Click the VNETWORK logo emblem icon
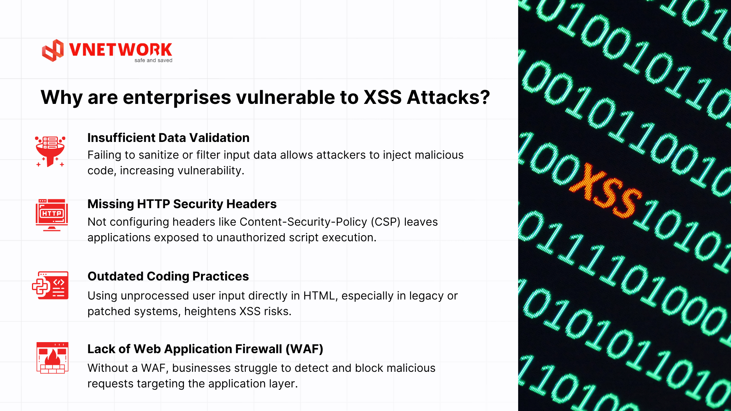point(53,50)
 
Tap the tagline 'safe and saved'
point(153,61)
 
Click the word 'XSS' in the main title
point(383,97)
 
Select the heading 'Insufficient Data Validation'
point(168,138)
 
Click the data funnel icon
point(50,151)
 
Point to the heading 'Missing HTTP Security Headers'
point(182,204)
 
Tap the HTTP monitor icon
point(52,215)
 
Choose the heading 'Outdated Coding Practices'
point(168,276)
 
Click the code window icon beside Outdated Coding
point(50,285)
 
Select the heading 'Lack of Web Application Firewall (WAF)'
point(205,349)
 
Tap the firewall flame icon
point(53,358)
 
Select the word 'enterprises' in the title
point(177,98)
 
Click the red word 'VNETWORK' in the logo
point(120,50)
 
